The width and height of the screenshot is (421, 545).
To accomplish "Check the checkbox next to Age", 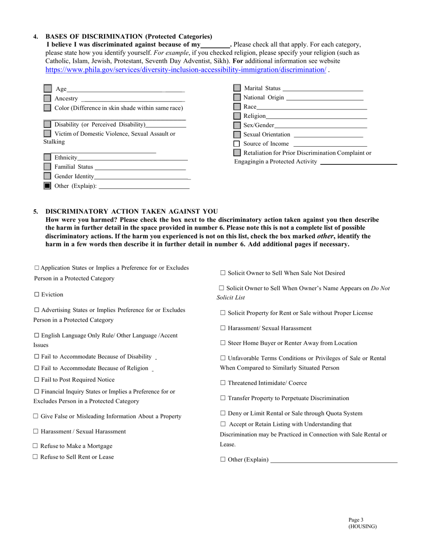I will pyautogui.click(x=47, y=89).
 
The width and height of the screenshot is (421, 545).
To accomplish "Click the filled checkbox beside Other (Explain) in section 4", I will pyautogui.click(x=47, y=186).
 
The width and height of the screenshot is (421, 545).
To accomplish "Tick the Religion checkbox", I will pyautogui.click(x=237, y=116).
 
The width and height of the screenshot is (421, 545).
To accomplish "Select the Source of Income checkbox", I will pyautogui.click(x=237, y=144).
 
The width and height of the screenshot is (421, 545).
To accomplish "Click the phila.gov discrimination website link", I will pyautogui.click(x=186, y=70).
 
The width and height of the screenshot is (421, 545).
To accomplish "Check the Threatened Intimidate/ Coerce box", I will pyautogui.click(x=222, y=383).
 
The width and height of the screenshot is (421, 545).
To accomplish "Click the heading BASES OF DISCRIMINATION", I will pyautogui.click(x=129, y=36).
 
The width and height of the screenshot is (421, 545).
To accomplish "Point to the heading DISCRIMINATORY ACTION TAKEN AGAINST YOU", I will pyautogui.click(x=132, y=211).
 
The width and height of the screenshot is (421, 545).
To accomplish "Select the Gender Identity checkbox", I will pyautogui.click(x=47, y=176).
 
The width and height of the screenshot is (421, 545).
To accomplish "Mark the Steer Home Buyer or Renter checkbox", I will pyautogui.click(x=222, y=343).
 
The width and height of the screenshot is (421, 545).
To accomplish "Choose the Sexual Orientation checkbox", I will pyautogui.click(x=237, y=134).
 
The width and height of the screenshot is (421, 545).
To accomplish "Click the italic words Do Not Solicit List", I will pyautogui.click(x=380, y=288).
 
